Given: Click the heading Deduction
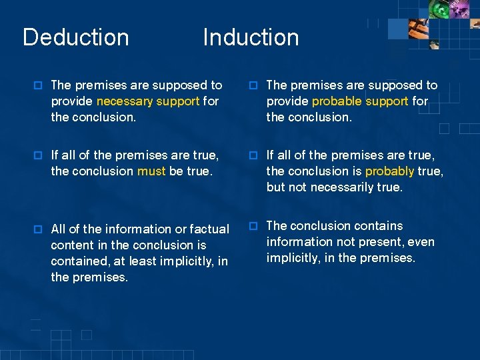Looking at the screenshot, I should pyautogui.click(x=76, y=37).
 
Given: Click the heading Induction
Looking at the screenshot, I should pyautogui.click(x=251, y=37).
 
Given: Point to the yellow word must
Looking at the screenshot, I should pyautogui.click(x=151, y=171).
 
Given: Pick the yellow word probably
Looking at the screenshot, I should pyautogui.click(x=390, y=171).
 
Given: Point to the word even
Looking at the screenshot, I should pyautogui.click(x=421, y=242).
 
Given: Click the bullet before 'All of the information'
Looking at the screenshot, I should pyautogui.click(x=38, y=229).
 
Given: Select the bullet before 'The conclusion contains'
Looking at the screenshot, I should pyautogui.click(x=253, y=226).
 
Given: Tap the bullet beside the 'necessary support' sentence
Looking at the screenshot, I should pyautogui.click(x=38, y=85).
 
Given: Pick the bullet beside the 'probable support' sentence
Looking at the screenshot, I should pyautogui.click(x=253, y=85).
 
